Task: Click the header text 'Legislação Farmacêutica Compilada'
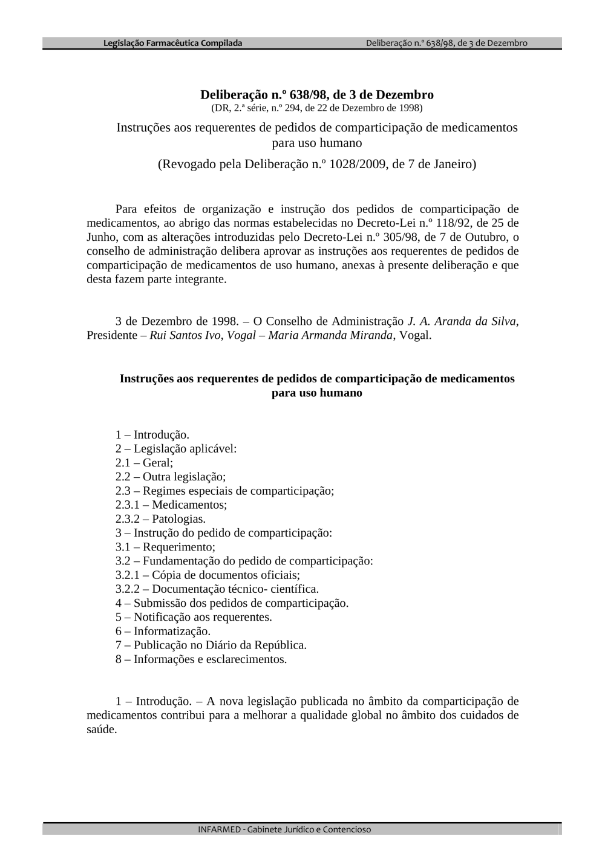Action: pos(172,43)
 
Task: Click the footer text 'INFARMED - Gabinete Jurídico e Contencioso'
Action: pos(284,829)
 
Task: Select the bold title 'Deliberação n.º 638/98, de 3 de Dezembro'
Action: pos(317,94)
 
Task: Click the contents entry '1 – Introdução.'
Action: pos(152,434)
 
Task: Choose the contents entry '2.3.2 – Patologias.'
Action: pos(160,518)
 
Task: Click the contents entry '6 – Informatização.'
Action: pos(163,631)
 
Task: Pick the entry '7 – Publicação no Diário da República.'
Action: pos(211,645)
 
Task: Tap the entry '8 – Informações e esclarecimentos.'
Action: pos(201,659)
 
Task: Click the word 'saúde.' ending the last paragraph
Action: pos(102,729)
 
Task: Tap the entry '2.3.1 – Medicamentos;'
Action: pos(171,505)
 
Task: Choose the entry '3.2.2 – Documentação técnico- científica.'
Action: pos(217,589)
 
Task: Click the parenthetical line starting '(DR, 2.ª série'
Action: pos(317,108)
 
